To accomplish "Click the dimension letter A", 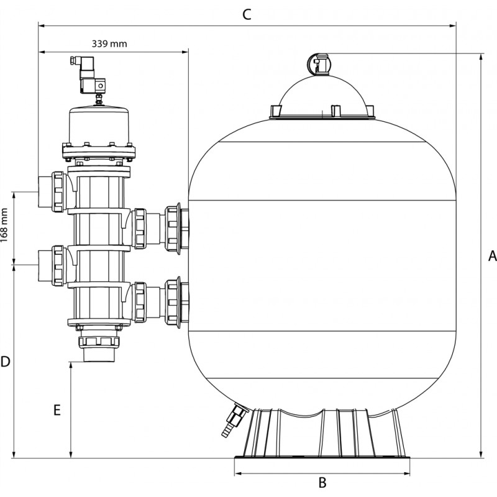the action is click(x=492, y=255).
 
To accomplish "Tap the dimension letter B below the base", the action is click(x=322, y=483).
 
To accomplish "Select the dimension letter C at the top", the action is click(x=247, y=14).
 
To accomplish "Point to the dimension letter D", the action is click(x=6, y=362).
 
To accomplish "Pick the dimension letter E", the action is click(x=57, y=410).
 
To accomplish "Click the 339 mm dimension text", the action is click(x=109, y=43).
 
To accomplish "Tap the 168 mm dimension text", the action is click(x=4, y=225).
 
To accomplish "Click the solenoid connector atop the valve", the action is click(x=89, y=75).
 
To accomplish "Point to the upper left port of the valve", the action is click(x=52, y=192).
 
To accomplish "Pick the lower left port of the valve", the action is click(x=52, y=266).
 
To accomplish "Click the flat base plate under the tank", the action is click(x=322, y=458).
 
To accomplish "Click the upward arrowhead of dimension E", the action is click(x=71, y=365).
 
